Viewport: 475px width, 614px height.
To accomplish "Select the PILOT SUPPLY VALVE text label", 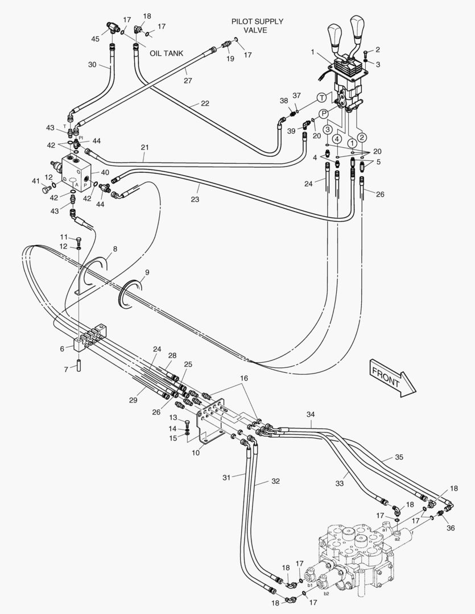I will (257, 26).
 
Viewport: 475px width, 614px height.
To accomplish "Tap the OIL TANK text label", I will (166, 53).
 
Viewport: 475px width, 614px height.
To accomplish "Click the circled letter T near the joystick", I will (322, 98).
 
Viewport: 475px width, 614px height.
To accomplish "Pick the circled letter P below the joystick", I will (324, 114).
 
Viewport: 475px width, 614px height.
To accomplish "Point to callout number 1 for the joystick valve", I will (312, 52).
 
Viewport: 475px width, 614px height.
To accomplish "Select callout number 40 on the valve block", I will (105, 172).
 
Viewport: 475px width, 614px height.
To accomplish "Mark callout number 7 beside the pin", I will (66, 370).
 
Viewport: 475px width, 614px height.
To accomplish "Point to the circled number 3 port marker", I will (328, 129).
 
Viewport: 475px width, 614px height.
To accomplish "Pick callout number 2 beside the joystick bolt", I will (377, 49).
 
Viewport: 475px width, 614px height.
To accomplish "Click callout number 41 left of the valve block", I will (35, 181).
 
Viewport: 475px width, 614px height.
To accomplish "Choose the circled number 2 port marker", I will (362, 136).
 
